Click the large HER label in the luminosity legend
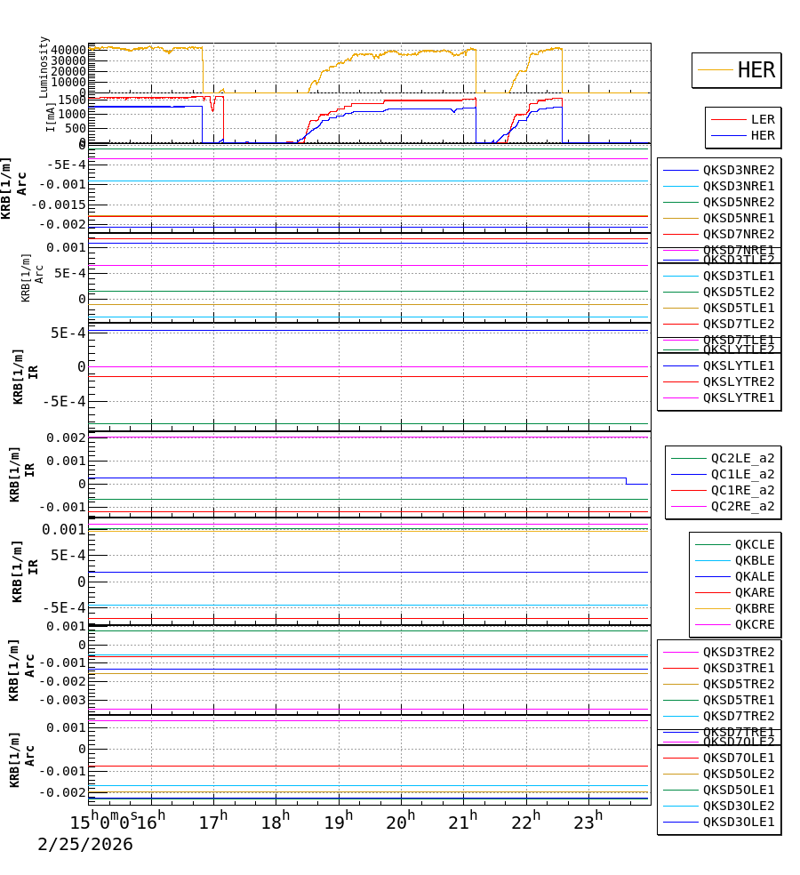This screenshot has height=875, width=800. tap(756, 70)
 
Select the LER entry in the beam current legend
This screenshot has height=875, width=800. tap(762, 119)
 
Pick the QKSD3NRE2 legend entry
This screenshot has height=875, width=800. tap(738, 170)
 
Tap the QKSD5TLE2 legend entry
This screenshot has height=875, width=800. tap(738, 292)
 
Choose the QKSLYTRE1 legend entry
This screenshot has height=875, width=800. tap(738, 397)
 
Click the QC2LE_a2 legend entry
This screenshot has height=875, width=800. tap(741, 458)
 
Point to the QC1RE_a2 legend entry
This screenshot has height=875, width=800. tap(741, 490)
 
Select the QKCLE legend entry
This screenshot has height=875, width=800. tap(754, 544)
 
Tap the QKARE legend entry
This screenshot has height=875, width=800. tap(754, 592)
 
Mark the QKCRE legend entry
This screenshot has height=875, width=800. tap(754, 624)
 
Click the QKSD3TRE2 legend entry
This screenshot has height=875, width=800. tap(738, 652)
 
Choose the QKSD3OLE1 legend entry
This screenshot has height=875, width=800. tap(738, 822)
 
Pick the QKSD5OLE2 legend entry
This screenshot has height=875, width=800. tap(738, 774)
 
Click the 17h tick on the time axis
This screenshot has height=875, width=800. tap(213, 823)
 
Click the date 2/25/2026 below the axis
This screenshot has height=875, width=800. tap(85, 845)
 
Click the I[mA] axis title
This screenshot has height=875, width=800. tap(51, 116)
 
